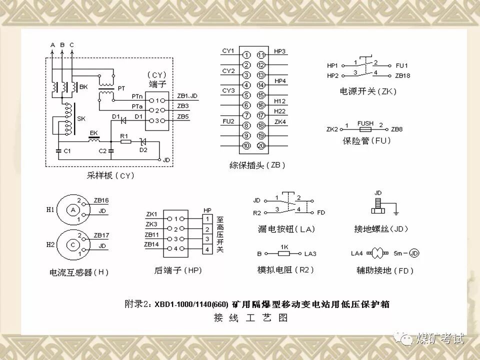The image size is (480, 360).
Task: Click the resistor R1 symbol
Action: [125, 142]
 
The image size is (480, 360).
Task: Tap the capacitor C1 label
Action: [67, 150]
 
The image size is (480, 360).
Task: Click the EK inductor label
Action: [93, 133]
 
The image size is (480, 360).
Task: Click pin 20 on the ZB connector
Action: [260, 146]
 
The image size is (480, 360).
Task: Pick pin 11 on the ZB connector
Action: [260, 54]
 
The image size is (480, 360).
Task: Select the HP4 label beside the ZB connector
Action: [280, 80]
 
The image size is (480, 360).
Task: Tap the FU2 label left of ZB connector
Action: [228, 121]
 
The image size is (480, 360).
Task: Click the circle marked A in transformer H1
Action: [73, 210]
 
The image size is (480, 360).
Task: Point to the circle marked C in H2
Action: [73, 245]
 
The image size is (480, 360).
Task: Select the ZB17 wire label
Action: [101, 234]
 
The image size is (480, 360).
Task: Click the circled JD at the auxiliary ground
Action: [414, 253]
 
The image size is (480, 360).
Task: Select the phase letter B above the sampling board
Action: [62, 45]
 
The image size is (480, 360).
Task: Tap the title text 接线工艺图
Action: [250, 318]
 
